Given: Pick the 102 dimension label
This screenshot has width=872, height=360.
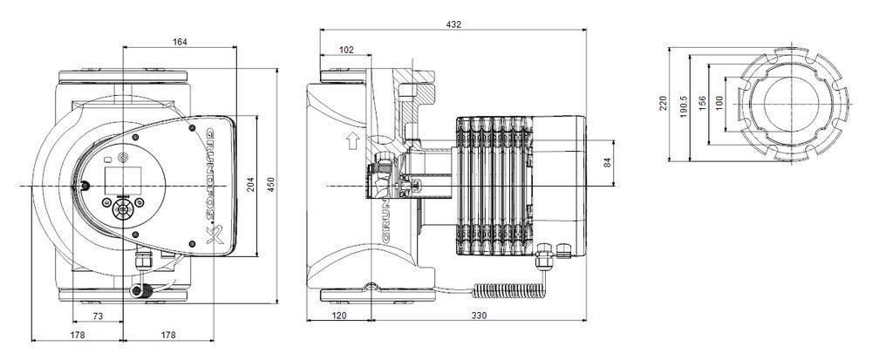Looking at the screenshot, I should coord(346,51).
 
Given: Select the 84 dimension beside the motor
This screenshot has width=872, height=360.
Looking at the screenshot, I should coord(608,162).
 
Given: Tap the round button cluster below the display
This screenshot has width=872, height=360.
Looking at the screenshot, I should coord(121,209).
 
